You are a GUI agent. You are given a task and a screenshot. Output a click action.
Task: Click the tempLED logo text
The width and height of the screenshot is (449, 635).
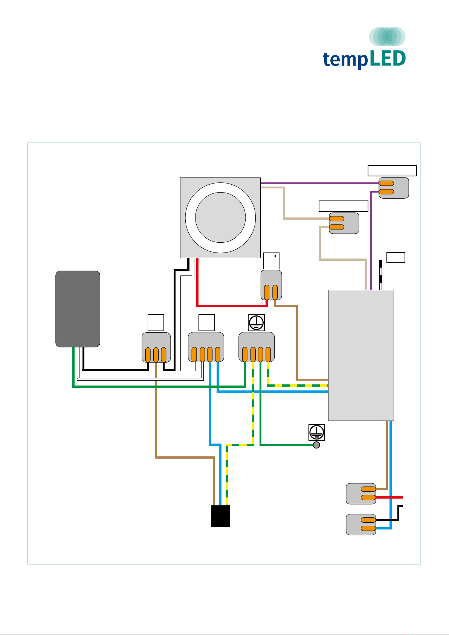pos(364,59)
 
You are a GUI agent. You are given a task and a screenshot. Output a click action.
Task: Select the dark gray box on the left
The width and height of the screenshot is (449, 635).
pos(78,309)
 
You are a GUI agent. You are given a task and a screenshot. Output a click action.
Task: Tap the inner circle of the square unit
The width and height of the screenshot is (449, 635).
pos(220,217)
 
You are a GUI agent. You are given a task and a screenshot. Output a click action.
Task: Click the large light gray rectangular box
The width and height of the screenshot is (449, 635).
pos(361,355)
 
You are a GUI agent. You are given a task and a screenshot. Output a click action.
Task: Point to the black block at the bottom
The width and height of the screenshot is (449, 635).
pos(220,516)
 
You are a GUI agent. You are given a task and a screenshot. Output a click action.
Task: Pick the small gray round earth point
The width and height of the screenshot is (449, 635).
pos(316,445)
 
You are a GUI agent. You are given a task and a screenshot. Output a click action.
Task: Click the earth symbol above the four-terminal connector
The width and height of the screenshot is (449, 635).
pos(256,323)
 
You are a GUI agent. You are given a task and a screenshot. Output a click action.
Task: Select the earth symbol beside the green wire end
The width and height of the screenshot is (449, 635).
pos(316,432)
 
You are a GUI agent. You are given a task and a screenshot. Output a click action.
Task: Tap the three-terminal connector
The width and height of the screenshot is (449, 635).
pos(156,347)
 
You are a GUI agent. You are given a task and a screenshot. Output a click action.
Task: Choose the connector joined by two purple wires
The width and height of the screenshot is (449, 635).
pos(394,188)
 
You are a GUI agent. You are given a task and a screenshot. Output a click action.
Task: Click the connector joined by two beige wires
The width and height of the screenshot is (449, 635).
pos(344,223)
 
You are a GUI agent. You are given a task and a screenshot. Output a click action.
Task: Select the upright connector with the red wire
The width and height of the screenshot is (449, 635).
pos(271,285)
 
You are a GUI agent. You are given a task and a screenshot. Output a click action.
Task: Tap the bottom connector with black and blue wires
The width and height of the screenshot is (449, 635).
pos(361,524)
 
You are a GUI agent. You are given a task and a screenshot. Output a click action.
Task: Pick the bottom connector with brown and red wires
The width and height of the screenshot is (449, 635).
pos(361,493)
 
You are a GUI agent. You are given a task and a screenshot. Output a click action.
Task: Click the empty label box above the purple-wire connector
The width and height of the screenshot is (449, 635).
pos(392,171)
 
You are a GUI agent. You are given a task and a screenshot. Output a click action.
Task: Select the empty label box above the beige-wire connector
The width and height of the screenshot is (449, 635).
pos(343,206)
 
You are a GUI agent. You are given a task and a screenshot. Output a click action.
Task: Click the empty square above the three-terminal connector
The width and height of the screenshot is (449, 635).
pos(156,323)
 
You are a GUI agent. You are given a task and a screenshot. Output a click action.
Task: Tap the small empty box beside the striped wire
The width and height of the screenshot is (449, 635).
pos(396,257)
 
